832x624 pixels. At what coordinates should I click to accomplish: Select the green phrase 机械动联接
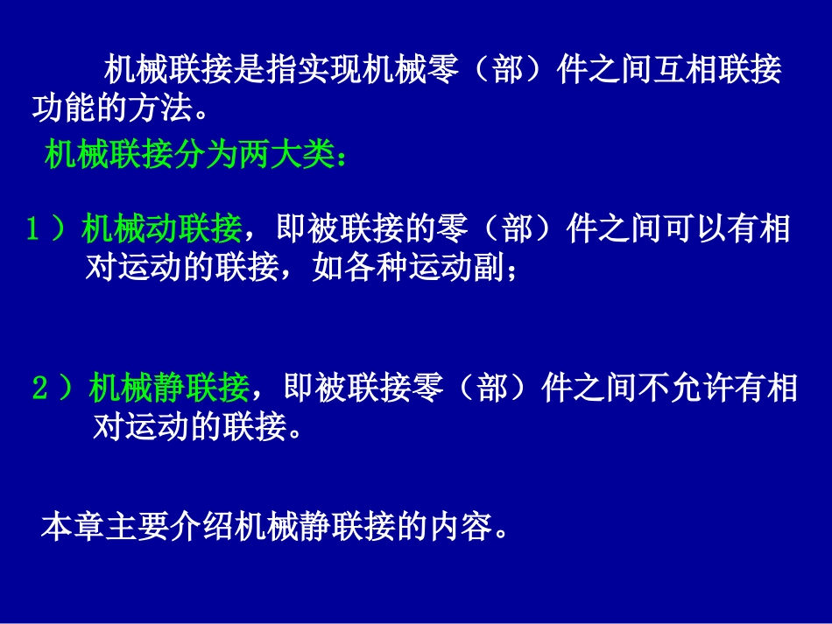pos(162,229)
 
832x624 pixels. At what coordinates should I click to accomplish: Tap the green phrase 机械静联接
pos(169,388)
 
